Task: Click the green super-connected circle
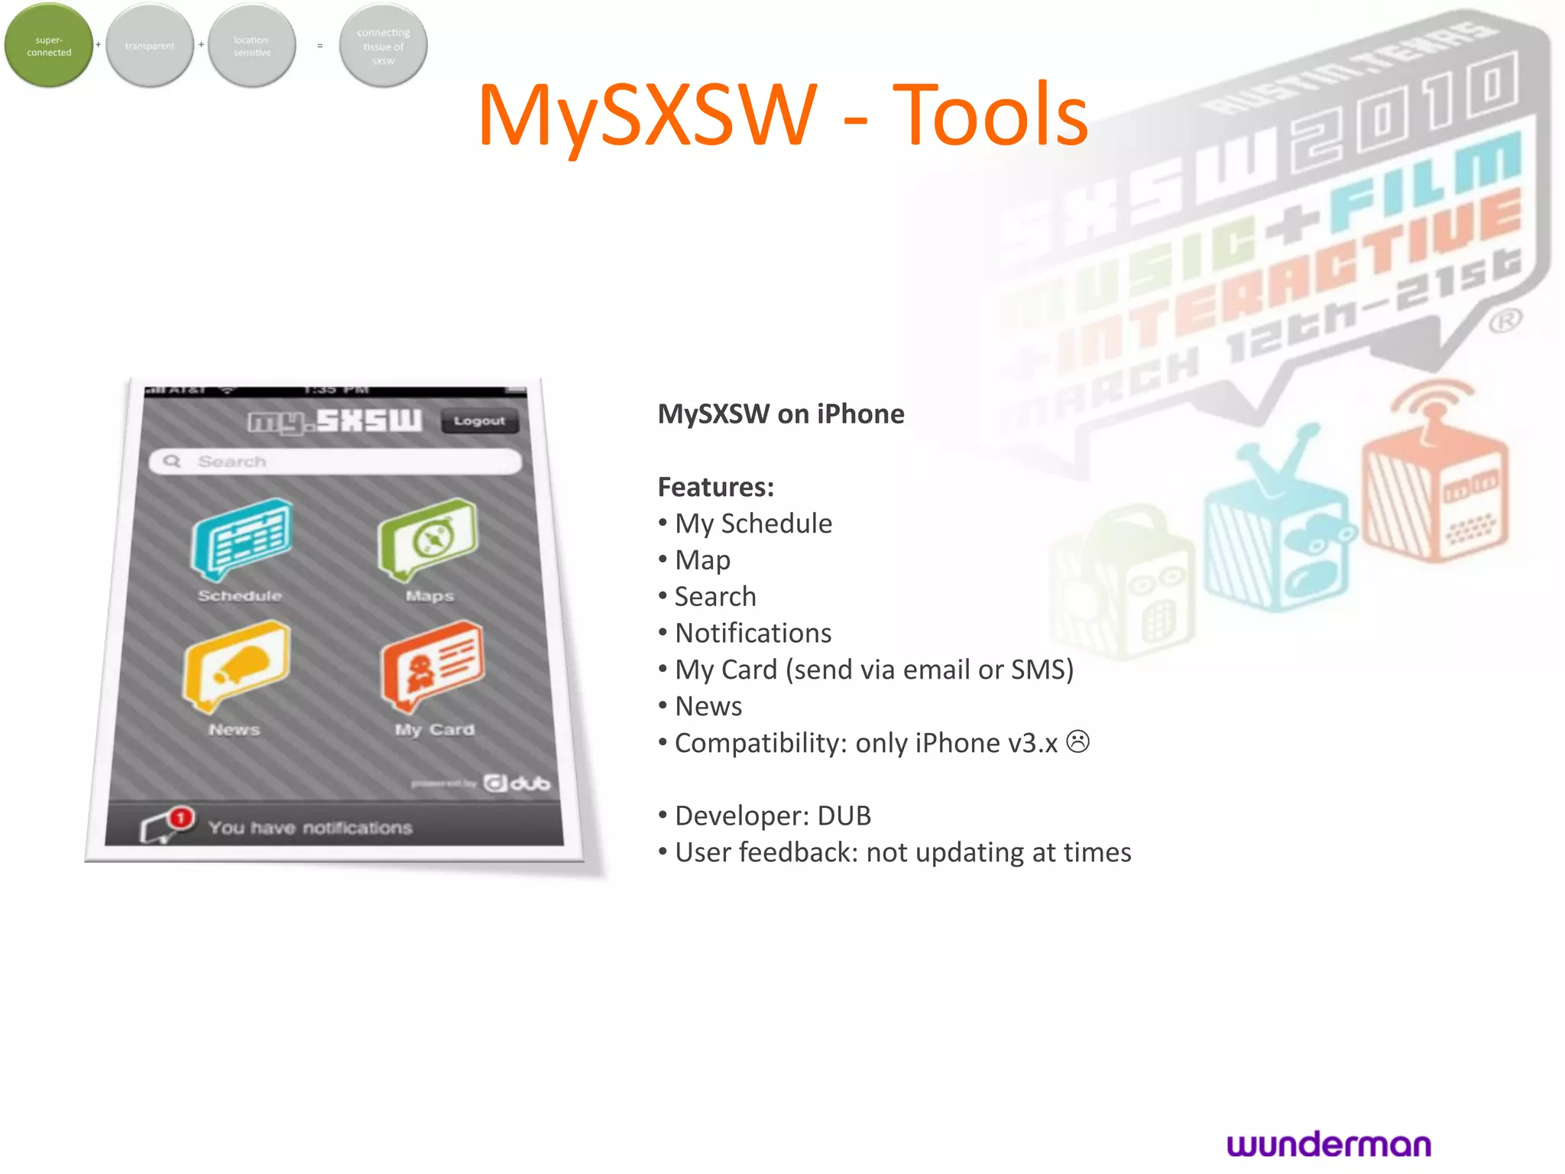(x=49, y=46)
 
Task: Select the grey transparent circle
(x=150, y=46)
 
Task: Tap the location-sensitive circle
(x=251, y=46)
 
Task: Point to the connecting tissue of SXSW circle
(x=383, y=46)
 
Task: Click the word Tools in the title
(x=990, y=116)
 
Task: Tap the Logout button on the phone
(x=479, y=421)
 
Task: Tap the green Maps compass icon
(x=429, y=539)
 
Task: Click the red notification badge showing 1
(x=181, y=818)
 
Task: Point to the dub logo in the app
(x=517, y=783)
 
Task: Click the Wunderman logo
(x=1329, y=1144)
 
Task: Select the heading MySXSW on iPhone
(x=781, y=414)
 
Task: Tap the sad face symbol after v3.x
(x=1077, y=741)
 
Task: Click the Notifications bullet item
(x=753, y=633)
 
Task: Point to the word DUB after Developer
(x=844, y=816)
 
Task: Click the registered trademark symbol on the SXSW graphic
(x=1505, y=321)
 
